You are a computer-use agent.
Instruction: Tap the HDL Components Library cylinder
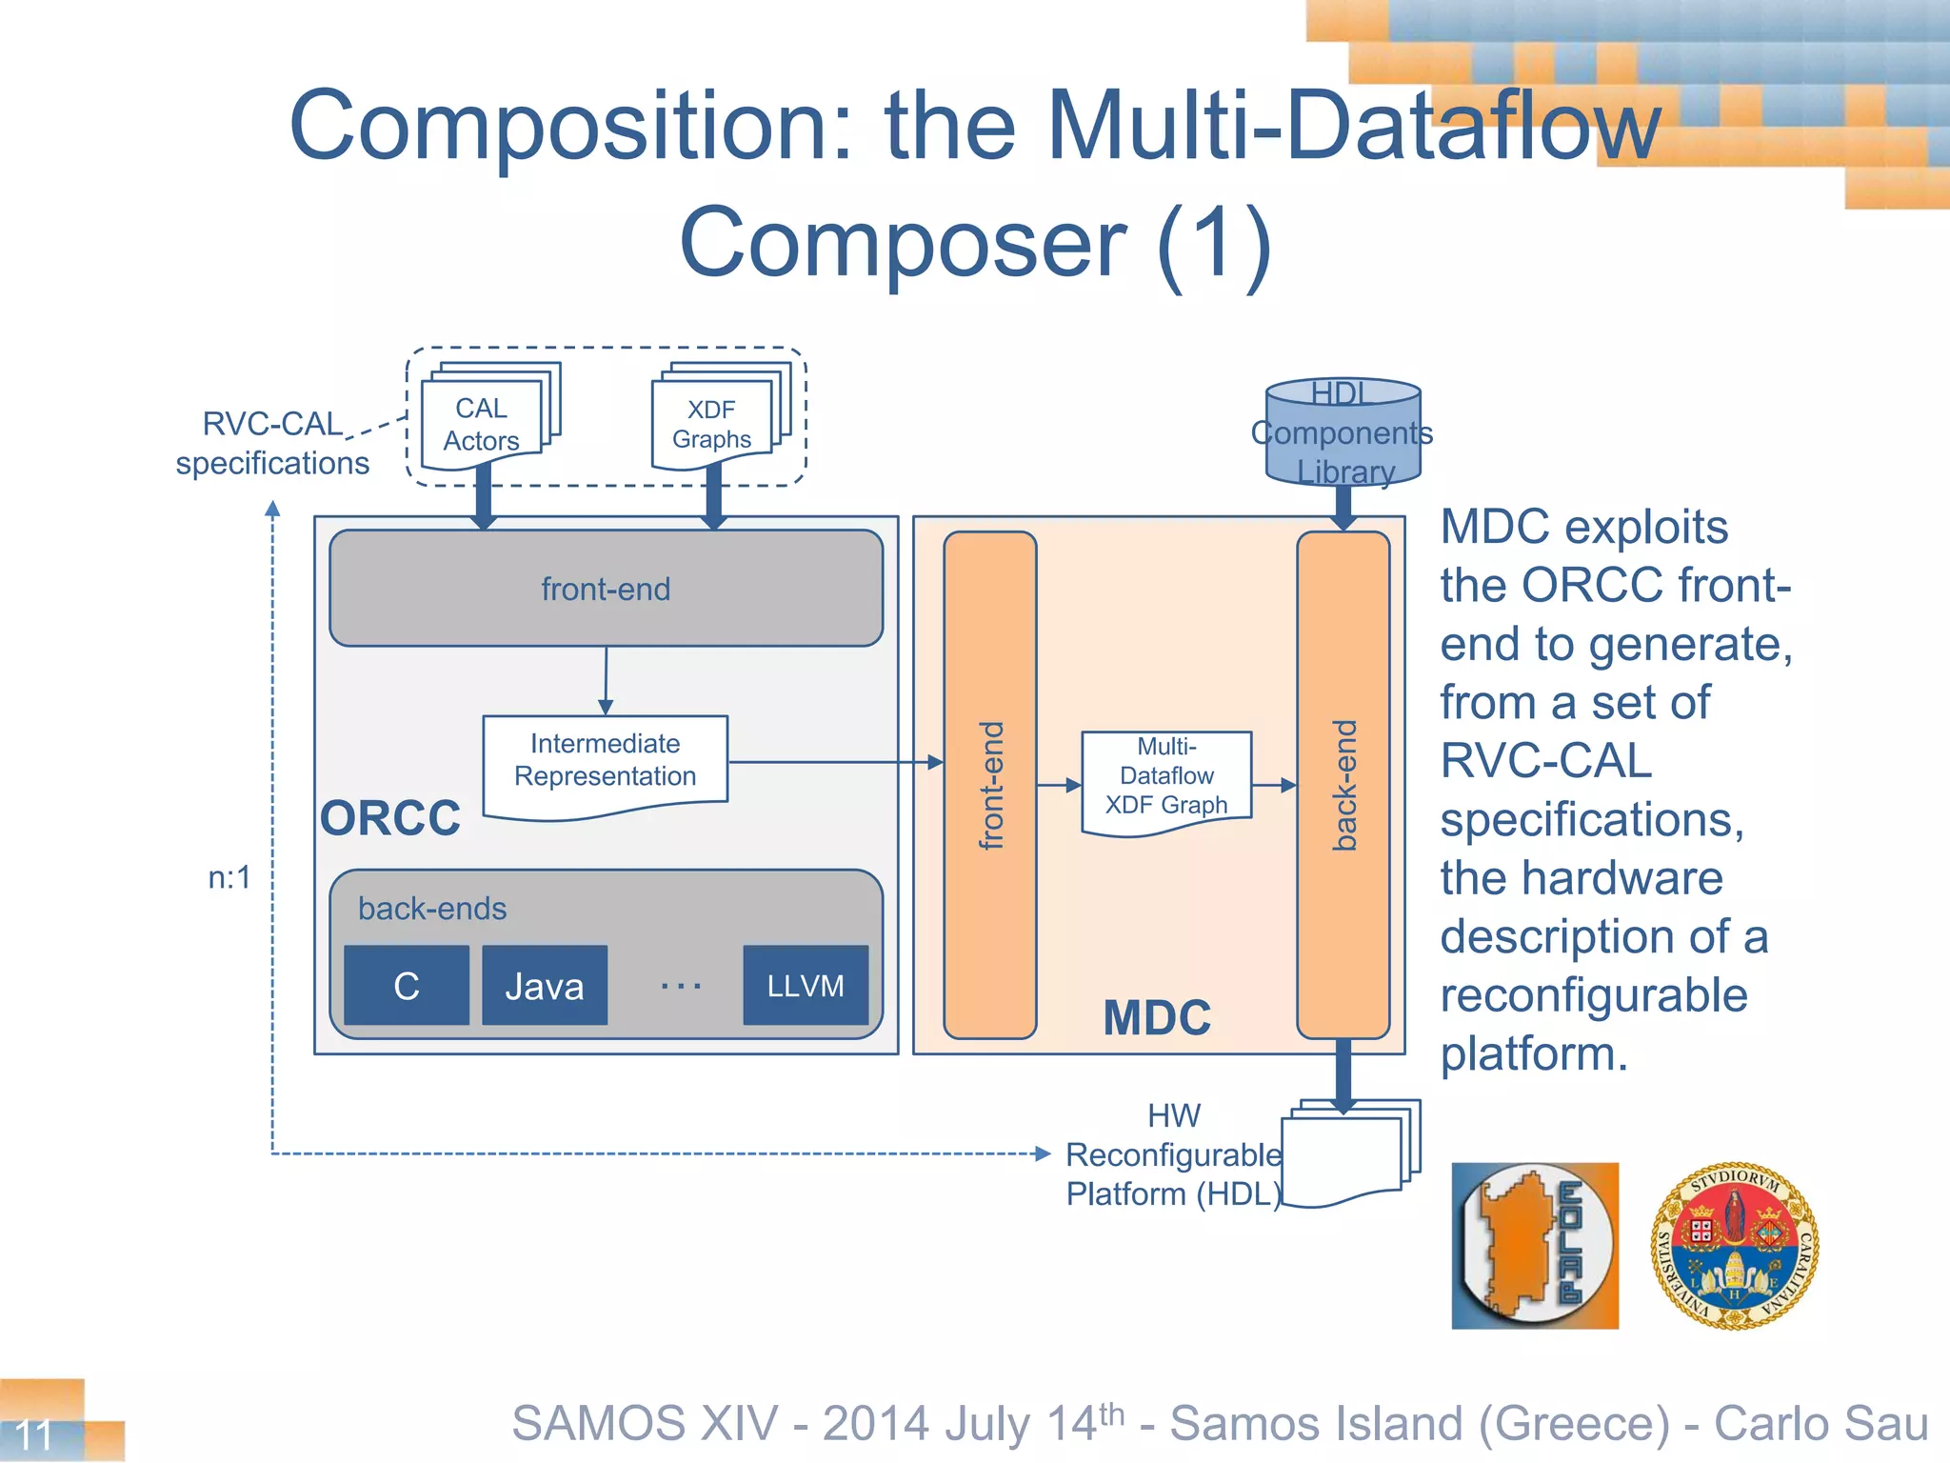pyautogui.click(x=1343, y=432)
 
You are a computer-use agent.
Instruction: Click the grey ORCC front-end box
pyautogui.click(x=606, y=589)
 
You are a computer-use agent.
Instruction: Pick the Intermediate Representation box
pyautogui.click(x=606, y=762)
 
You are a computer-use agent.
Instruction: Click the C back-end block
pyautogui.click(x=407, y=986)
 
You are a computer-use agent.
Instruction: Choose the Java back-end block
pyautogui.click(x=545, y=986)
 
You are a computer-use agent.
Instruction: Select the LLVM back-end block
pyautogui.click(x=806, y=986)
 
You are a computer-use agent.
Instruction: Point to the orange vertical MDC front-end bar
pyautogui.click(x=990, y=785)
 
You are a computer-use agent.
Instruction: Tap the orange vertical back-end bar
pyautogui.click(x=1343, y=785)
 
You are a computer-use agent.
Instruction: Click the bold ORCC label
pyautogui.click(x=390, y=818)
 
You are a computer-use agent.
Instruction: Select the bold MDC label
pyautogui.click(x=1157, y=1018)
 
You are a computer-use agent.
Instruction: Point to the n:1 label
pyautogui.click(x=229, y=877)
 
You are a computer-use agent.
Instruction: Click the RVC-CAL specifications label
pyautogui.click(x=272, y=443)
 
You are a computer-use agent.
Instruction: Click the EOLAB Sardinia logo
pyautogui.click(x=1535, y=1245)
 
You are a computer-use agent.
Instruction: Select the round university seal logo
pyautogui.click(x=1735, y=1245)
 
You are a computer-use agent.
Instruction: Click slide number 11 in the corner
pyautogui.click(x=34, y=1434)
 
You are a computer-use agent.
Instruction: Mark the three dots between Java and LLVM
pyautogui.click(x=681, y=986)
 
